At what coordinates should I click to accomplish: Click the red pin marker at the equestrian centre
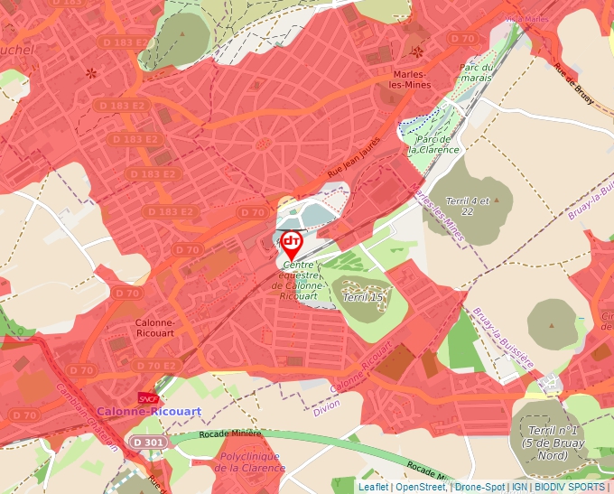pyautogui.click(x=292, y=243)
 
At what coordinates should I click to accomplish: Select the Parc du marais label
pyautogui.click(x=476, y=72)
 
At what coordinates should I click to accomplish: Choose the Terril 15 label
pyautogui.click(x=363, y=297)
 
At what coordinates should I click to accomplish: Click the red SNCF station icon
pyautogui.click(x=147, y=397)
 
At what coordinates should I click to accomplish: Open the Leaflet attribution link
pyautogui.click(x=373, y=487)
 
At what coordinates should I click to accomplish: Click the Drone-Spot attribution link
pyautogui.click(x=479, y=487)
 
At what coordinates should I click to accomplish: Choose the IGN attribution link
pyautogui.click(x=520, y=487)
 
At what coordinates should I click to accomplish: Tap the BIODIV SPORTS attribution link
pyautogui.click(x=570, y=487)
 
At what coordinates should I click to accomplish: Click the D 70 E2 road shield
pyautogui.click(x=156, y=366)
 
